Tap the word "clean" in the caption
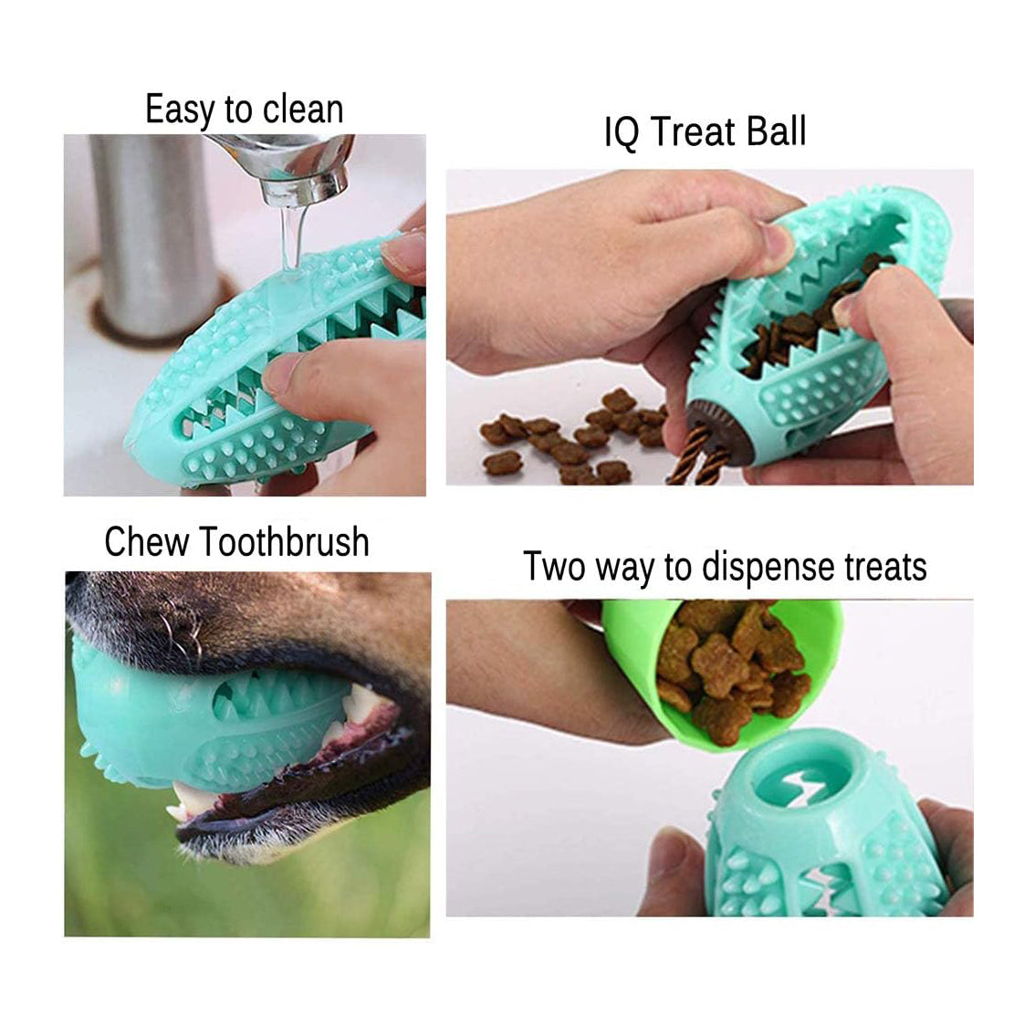click(301, 110)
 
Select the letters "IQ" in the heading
click(621, 133)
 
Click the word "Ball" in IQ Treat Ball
click(776, 131)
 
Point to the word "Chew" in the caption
click(147, 542)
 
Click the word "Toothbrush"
click(285, 542)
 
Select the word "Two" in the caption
click(553, 567)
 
